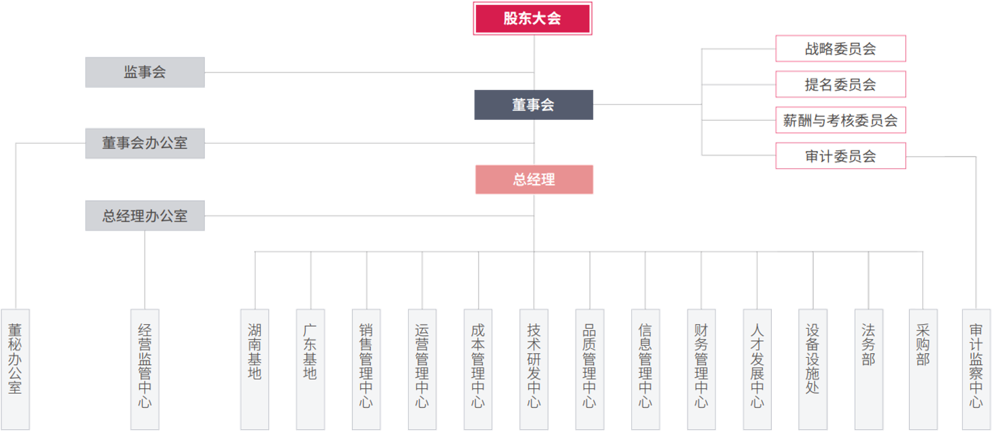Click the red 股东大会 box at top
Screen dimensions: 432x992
pyautogui.click(x=532, y=18)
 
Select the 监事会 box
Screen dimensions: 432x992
pyautogui.click(x=145, y=72)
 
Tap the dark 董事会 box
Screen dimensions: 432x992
pyautogui.click(x=533, y=104)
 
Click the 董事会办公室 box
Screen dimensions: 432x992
pyautogui.click(x=145, y=143)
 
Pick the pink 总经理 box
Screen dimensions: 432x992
pyautogui.click(x=534, y=179)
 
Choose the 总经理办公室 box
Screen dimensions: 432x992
pyautogui.click(x=145, y=215)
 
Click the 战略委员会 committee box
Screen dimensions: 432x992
pyautogui.click(x=840, y=49)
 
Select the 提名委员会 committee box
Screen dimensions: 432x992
pyautogui.click(x=840, y=84)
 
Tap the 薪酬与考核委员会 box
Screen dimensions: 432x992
pyautogui.click(x=840, y=120)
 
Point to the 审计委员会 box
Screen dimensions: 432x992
pyautogui.click(x=840, y=156)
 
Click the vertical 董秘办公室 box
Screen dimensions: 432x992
pyautogui.click(x=15, y=369)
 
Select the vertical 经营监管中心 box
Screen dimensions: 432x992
pyautogui.click(x=145, y=369)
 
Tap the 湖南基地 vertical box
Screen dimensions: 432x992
pyautogui.click(x=254, y=369)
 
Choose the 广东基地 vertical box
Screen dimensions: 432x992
pyautogui.click(x=310, y=369)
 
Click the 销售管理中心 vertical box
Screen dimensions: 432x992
pyautogui.click(x=366, y=369)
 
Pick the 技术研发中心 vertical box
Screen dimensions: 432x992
pyautogui.click(x=533, y=369)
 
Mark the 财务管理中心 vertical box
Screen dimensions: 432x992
pyautogui.click(x=701, y=369)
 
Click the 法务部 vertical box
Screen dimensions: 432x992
pyautogui.click(x=868, y=369)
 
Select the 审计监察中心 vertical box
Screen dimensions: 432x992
pyautogui.click(x=976, y=369)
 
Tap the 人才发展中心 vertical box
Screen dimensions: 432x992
pyautogui.click(x=757, y=369)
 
